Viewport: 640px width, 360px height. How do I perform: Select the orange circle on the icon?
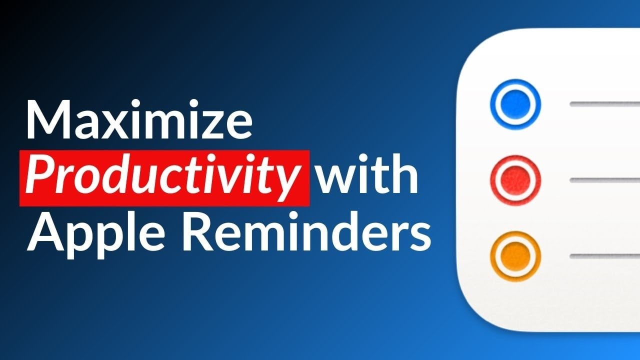pos(515,255)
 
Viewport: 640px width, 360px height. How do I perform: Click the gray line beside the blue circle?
pos(605,104)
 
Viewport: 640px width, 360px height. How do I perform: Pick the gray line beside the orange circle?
pos(605,256)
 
